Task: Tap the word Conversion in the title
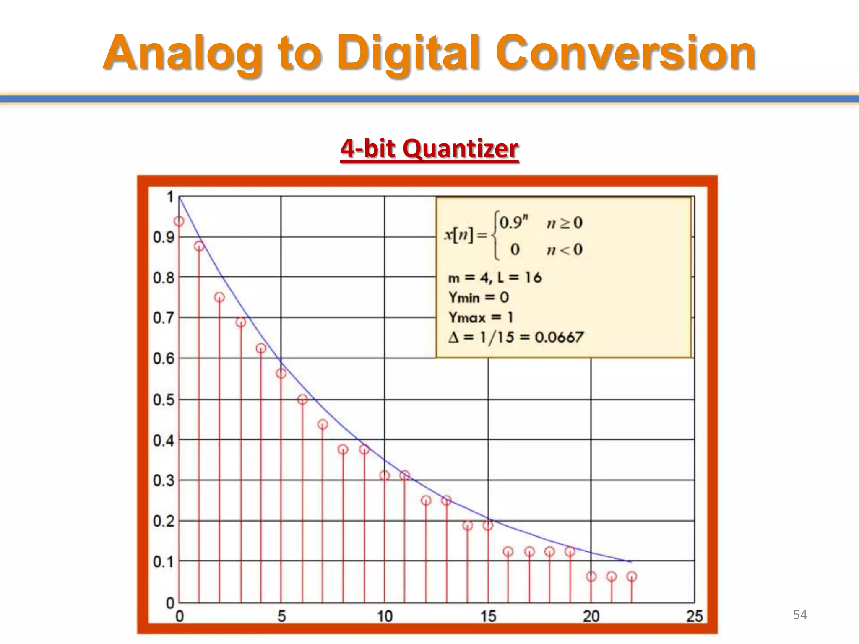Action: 625,53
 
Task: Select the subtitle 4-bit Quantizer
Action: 429,148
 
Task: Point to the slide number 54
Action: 800,615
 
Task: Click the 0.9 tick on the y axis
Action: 164,237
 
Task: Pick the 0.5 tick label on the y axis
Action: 164,400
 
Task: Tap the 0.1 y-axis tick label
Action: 164,561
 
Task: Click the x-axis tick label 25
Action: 694,616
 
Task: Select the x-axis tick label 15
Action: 488,616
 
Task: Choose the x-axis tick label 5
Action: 281,616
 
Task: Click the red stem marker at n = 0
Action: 179,221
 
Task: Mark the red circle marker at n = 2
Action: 219,297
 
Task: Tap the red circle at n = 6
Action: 302,400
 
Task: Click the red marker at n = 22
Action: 632,576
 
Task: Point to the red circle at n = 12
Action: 426,500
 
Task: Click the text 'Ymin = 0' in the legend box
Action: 479,298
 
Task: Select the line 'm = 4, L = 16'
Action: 495,278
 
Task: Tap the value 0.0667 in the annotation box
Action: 559,337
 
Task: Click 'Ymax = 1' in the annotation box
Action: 481,317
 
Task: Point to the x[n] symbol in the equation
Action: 459,235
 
